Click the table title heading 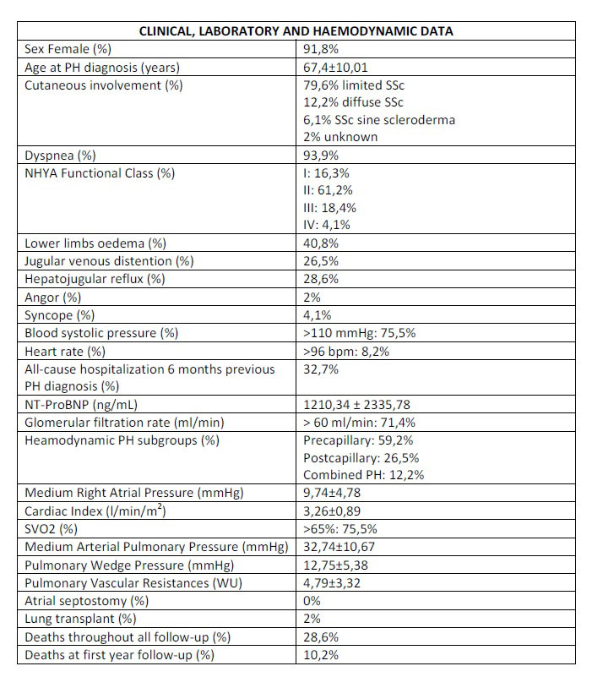point(296,31)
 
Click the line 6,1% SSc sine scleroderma point(379,120)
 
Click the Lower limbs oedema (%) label point(95,243)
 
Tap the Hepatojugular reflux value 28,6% point(321,279)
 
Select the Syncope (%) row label point(60,314)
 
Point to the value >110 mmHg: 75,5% point(359,332)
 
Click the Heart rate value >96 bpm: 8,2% point(346,351)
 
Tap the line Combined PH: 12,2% point(363,475)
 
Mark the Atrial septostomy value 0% point(313,601)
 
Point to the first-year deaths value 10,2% point(321,655)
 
